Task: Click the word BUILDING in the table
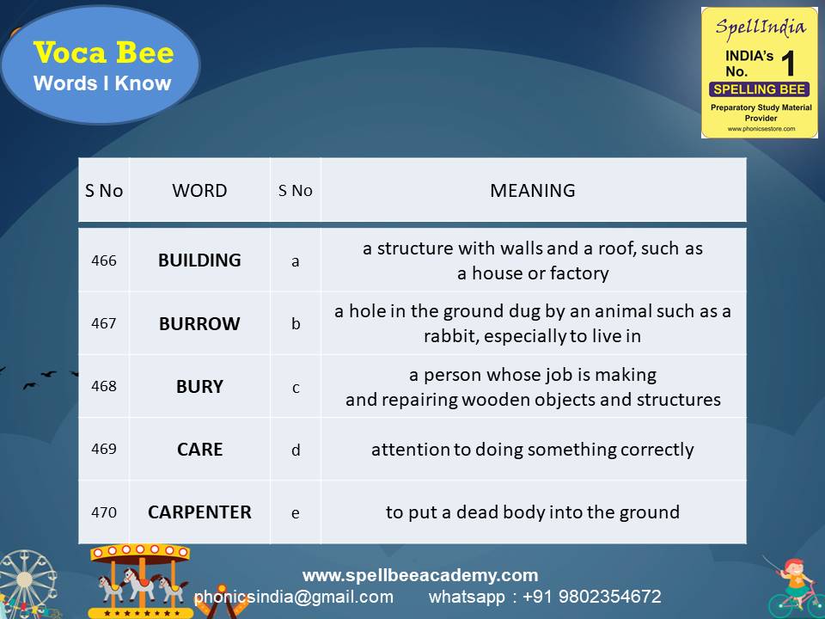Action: pyautogui.click(x=199, y=260)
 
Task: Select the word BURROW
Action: pyautogui.click(x=199, y=324)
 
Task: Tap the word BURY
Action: pyautogui.click(x=199, y=387)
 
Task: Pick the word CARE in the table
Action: pyautogui.click(x=199, y=450)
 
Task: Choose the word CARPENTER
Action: pyautogui.click(x=199, y=512)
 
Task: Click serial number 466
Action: pyautogui.click(x=104, y=260)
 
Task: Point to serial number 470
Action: pyautogui.click(x=104, y=512)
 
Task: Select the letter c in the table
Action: pyautogui.click(x=296, y=388)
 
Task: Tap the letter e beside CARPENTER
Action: pyautogui.click(x=296, y=513)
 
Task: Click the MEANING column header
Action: pyautogui.click(x=533, y=191)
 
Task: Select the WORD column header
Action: pyautogui.click(x=199, y=191)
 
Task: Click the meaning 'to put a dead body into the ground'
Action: pyautogui.click(x=533, y=512)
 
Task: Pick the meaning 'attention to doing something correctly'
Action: pyautogui.click(x=533, y=450)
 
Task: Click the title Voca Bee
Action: pyautogui.click(x=103, y=53)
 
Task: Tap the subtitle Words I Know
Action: pyautogui.click(x=102, y=84)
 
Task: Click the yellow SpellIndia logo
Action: pyautogui.click(x=759, y=72)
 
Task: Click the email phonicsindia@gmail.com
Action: pyautogui.click(x=294, y=597)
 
